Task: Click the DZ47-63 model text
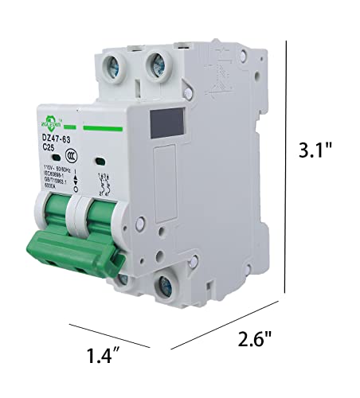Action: [x=56, y=139]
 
